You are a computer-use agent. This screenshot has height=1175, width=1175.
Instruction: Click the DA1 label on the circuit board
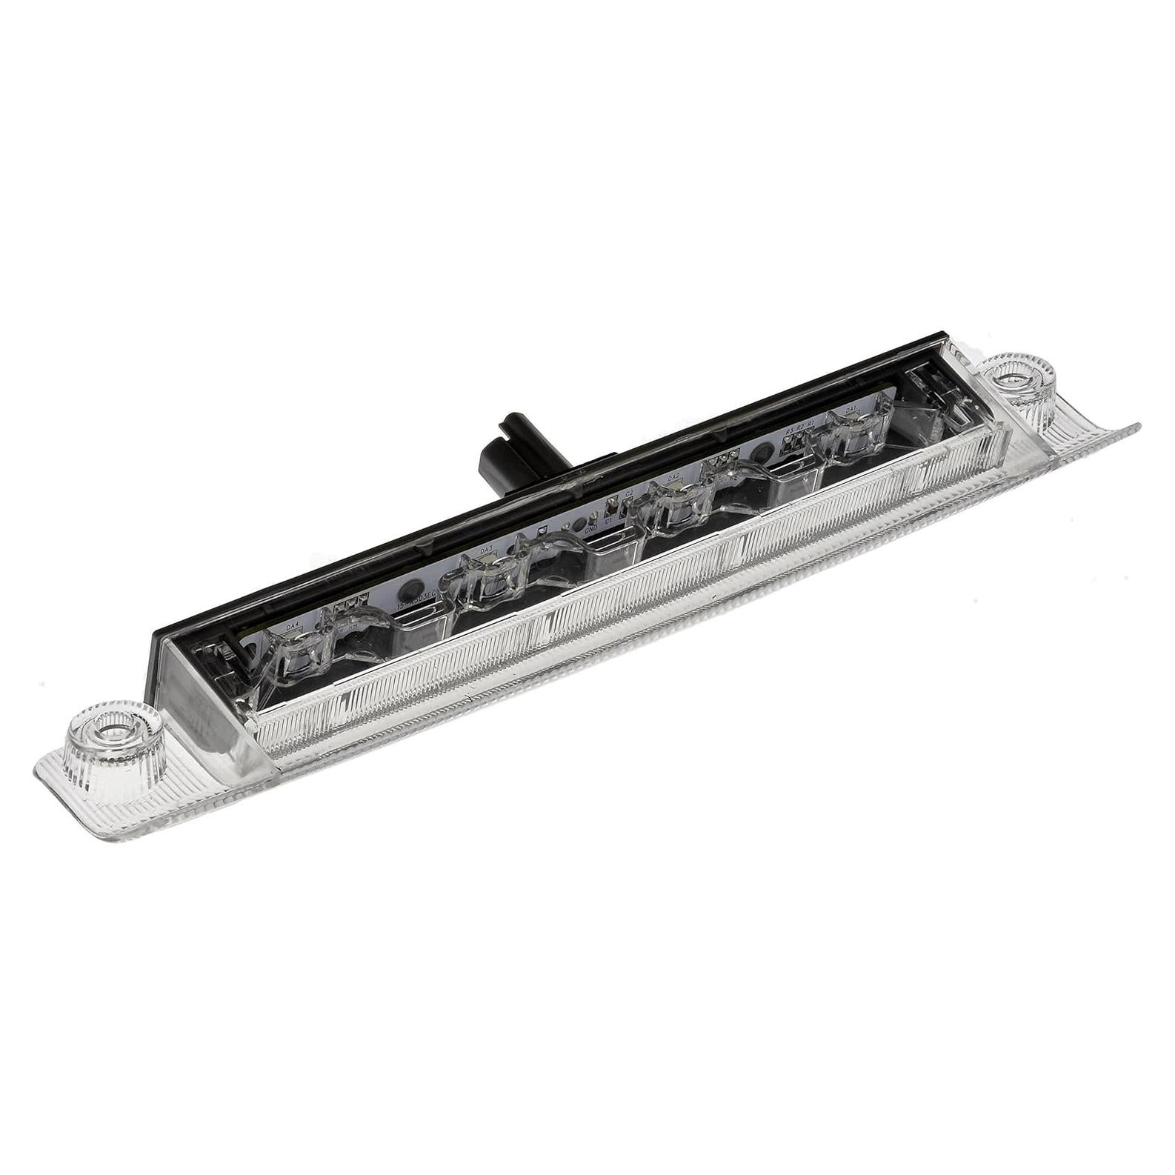coord(851,409)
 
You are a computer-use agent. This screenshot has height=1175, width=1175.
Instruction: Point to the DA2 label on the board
coord(673,478)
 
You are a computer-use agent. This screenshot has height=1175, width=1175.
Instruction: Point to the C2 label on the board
coord(629,493)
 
